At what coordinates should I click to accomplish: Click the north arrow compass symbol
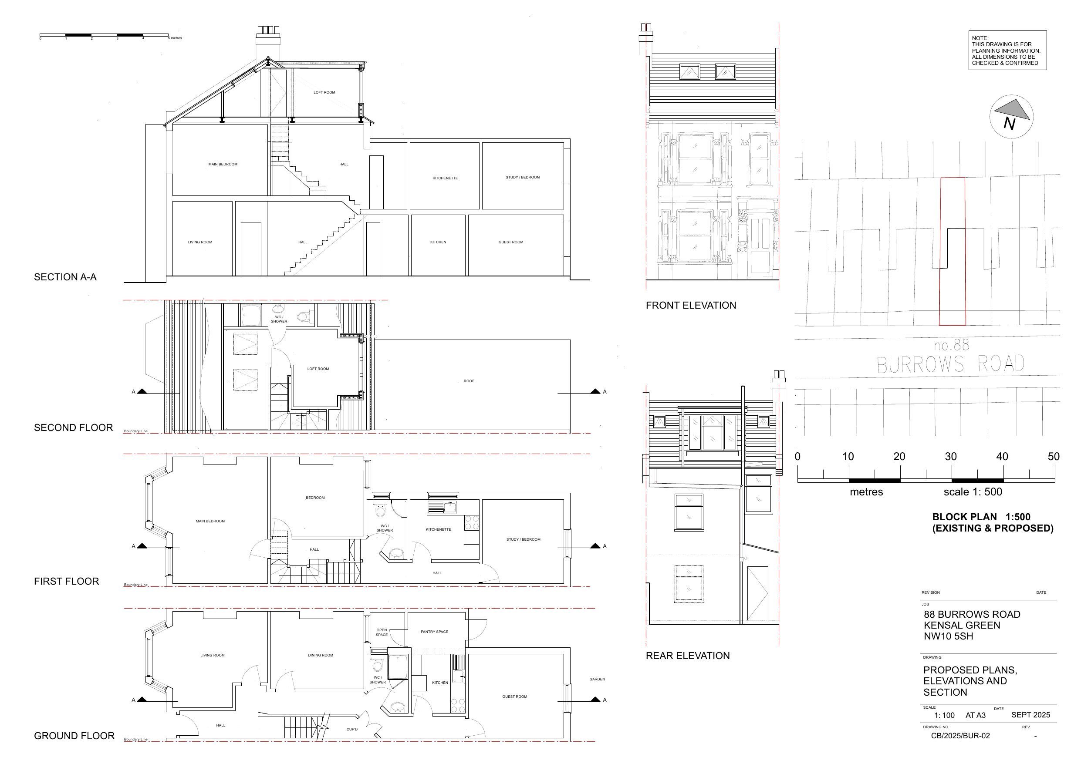(x=1011, y=117)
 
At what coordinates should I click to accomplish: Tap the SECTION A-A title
(x=65, y=277)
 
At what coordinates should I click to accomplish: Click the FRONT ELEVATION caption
(x=691, y=306)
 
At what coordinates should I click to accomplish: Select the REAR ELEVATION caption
(x=687, y=656)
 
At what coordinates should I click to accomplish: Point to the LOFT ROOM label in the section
(x=324, y=92)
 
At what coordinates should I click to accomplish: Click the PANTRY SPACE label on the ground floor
(x=434, y=632)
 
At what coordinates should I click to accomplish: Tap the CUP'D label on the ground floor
(x=352, y=730)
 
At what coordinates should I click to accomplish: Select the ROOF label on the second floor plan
(x=469, y=381)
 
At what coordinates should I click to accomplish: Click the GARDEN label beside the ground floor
(x=597, y=679)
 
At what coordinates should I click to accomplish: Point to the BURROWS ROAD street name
(x=951, y=364)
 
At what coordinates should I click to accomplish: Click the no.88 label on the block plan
(x=952, y=346)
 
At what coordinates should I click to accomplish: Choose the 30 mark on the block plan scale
(x=951, y=457)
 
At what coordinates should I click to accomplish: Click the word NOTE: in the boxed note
(x=980, y=38)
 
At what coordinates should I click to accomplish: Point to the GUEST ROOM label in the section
(x=511, y=242)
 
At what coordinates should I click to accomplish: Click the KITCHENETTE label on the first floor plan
(x=438, y=529)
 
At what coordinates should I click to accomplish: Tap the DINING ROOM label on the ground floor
(x=321, y=655)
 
